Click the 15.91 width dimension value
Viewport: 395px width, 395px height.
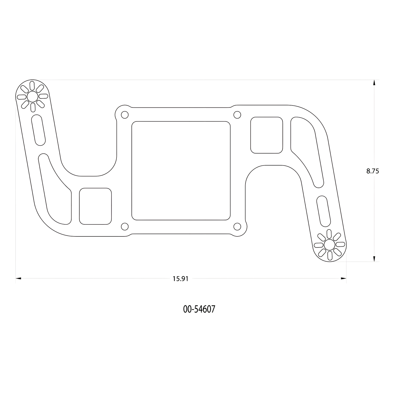pos(180,279)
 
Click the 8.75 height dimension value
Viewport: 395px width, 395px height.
pos(373,171)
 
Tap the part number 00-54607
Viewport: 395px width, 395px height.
pos(199,309)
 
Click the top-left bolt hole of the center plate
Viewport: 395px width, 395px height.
pos(125,115)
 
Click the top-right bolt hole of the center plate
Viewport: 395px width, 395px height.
pos(237,115)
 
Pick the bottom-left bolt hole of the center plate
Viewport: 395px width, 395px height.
pos(125,227)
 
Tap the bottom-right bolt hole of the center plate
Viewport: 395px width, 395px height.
pos(237,227)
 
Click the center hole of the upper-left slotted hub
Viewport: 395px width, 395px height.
pos(32,96)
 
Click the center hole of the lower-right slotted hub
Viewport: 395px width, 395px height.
pos(329,245)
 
